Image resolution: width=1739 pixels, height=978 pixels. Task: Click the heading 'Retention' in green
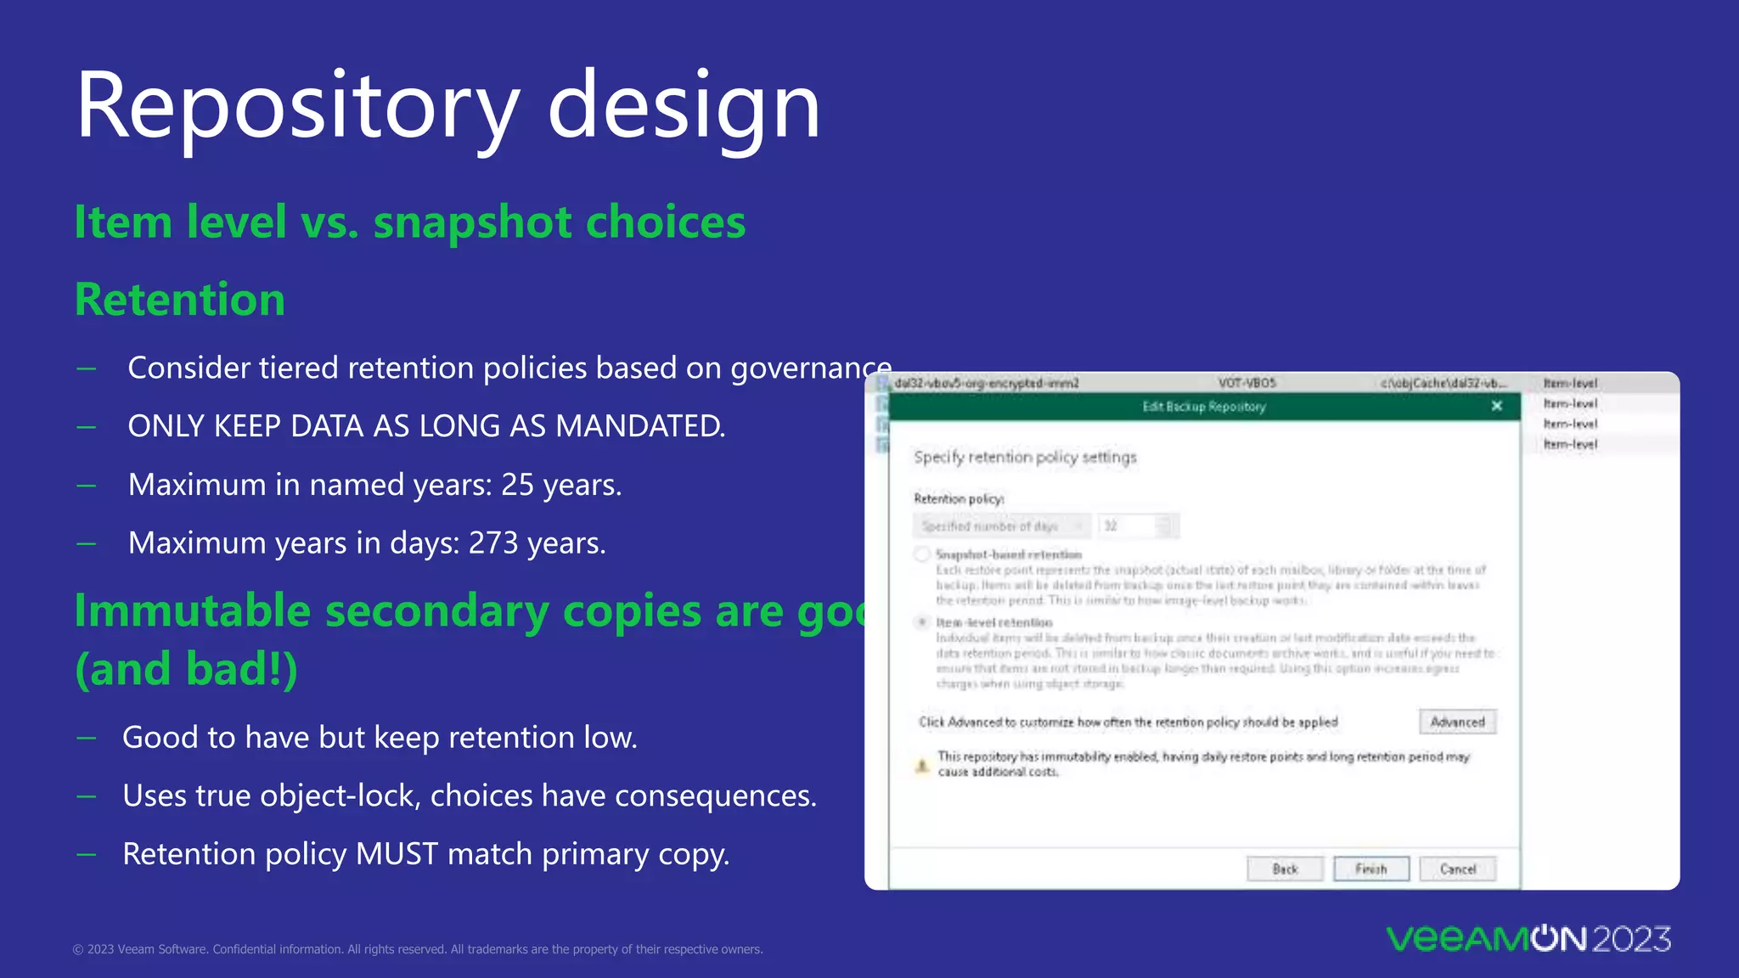point(180,300)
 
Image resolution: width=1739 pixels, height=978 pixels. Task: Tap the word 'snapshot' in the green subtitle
point(472,222)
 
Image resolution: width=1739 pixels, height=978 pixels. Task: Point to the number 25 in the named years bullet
point(517,485)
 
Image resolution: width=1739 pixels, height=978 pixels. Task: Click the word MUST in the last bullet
point(397,854)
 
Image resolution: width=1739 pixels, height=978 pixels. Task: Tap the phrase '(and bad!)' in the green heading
point(186,669)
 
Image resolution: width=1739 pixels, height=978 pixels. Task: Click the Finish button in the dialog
point(1370,869)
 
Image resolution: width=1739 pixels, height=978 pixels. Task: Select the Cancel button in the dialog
point(1457,869)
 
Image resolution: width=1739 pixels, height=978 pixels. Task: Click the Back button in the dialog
point(1285,869)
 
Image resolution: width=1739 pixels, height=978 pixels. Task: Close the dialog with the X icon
point(1497,406)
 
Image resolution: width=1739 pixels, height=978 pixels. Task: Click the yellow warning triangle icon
point(922,765)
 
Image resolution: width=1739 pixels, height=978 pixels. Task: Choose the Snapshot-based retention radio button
point(922,554)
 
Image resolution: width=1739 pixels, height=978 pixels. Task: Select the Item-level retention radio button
point(922,622)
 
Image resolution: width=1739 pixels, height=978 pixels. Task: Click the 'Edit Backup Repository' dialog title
point(1203,407)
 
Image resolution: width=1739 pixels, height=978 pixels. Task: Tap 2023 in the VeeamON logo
point(1631,939)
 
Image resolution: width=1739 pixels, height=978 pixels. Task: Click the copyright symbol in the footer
point(78,950)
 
